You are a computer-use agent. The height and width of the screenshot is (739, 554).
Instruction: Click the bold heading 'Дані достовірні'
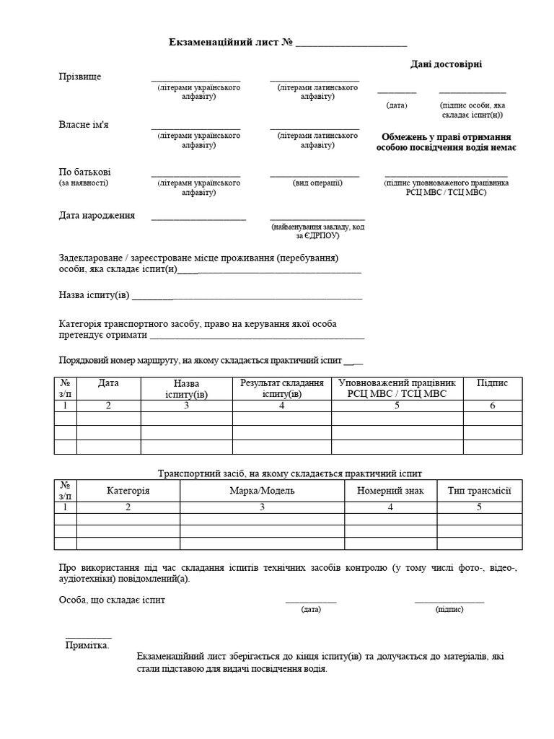click(446, 64)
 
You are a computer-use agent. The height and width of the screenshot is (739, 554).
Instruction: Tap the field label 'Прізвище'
click(79, 76)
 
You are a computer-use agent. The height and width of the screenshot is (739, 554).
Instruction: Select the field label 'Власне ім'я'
click(84, 124)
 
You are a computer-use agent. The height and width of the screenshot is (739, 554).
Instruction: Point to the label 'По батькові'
click(84, 172)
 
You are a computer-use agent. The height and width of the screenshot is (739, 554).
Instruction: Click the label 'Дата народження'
click(97, 215)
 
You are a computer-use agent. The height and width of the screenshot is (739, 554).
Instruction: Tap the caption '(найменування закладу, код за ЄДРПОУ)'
click(317, 231)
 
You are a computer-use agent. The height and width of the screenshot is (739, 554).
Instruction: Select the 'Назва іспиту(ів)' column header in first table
click(186, 388)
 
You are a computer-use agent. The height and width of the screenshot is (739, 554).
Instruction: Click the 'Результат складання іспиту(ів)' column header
click(282, 388)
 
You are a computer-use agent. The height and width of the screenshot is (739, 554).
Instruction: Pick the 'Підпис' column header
click(493, 383)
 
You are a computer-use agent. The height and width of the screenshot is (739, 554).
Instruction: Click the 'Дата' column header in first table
click(108, 383)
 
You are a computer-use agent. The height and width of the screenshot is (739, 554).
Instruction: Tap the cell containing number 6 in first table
click(493, 406)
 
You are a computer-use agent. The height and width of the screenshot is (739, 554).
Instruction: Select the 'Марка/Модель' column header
click(262, 491)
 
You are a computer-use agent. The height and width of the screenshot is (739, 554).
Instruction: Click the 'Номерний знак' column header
click(390, 491)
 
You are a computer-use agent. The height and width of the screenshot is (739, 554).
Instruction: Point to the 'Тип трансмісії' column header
click(479, 491)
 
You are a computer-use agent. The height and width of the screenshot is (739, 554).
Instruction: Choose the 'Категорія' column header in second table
click(128, 491)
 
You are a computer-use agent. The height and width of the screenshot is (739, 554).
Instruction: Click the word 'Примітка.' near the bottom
click(87, 645)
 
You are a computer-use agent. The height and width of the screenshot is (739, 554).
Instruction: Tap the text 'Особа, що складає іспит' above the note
click(112, 600)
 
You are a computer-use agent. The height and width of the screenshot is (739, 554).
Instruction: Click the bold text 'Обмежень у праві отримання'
click(446, 136)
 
